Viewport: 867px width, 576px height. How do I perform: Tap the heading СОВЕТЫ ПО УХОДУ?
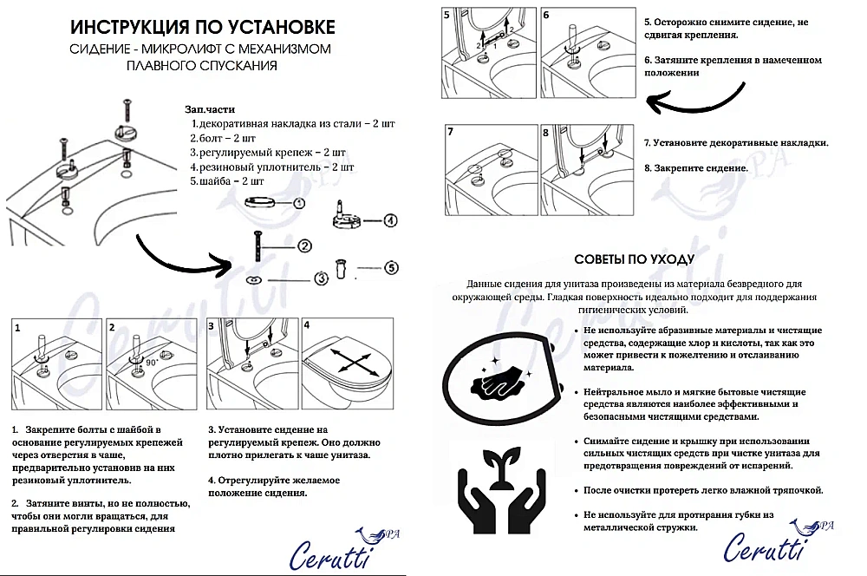click(x=635, y=259)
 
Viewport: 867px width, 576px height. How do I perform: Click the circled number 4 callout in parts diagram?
click(x=391, y=220)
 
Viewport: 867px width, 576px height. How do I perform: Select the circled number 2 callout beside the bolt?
click(x=304, y=246)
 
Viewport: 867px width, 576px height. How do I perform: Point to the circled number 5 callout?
click(x=391, y=269)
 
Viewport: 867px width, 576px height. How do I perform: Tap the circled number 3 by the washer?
click(x=320, y=278)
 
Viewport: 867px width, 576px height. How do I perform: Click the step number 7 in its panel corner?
click(x=450, y=133)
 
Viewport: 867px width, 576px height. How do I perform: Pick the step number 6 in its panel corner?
click(x=545, y=16)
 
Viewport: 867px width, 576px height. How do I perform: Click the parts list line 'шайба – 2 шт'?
click(x=227, y=180)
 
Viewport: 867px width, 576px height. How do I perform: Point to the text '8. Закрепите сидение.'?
click(x=695, y=167)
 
